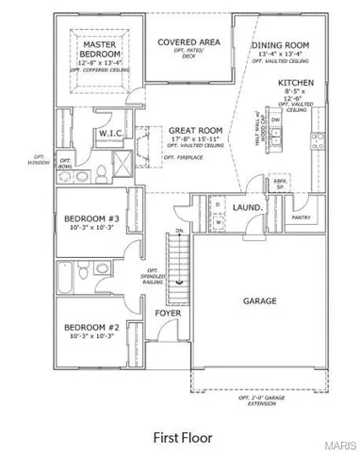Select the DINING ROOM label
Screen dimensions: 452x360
click(x=280, y=45)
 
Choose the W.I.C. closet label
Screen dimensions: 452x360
click(x=111, y=135)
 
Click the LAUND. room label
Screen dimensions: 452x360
click(x=249, y=205)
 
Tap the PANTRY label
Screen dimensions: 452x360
click(x=302, y=217)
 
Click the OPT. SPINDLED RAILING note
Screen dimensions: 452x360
click(x=149, y=273)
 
